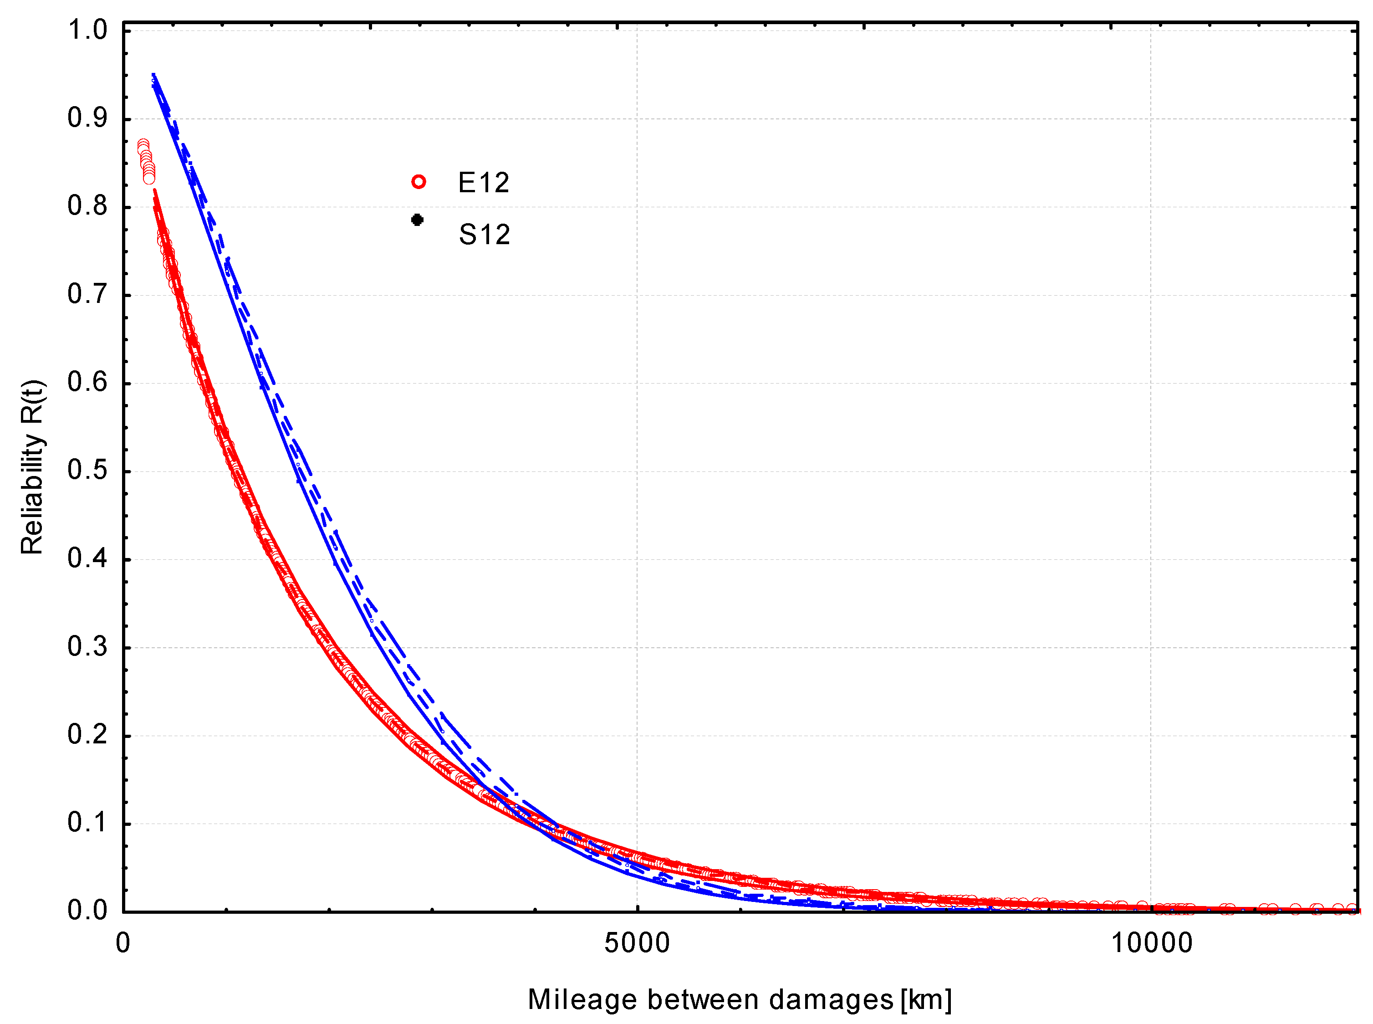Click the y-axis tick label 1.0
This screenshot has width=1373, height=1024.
click(87, 30)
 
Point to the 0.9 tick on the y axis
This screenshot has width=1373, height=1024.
click(87, 118)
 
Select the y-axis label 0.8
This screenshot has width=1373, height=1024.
click(87, 206)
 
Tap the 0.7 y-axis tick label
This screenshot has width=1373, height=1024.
click(87, 294)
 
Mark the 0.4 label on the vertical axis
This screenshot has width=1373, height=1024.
click(87, 558)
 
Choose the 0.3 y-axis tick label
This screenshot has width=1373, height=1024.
click(87, 646)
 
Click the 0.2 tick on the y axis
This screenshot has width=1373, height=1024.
click(87, 735)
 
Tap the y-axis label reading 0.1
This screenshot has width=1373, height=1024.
click(87, 823)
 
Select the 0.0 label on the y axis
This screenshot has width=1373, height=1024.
click(87, 910)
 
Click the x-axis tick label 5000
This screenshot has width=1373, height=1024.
click(637, 943)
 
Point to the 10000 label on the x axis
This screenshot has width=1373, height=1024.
click(1151, 943)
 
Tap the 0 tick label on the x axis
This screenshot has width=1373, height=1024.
click(123, 943)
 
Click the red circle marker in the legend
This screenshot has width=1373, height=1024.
click(419, 182)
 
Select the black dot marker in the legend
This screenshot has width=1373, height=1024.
click(418, 220)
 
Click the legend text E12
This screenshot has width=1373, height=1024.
click(483, 183)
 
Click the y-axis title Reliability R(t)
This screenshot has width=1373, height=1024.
click(32, 467)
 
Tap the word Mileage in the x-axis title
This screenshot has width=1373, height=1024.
click(582, 1000)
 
